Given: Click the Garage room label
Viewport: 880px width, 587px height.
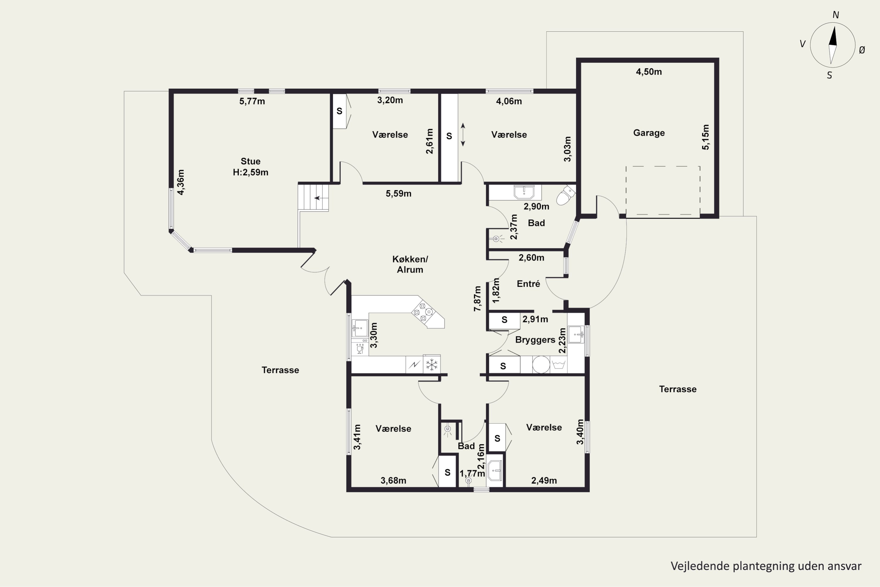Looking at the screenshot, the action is click(649, 133).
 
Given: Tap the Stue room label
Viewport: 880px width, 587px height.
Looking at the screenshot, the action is click(250, 161).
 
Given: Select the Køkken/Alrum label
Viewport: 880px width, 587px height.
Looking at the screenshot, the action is click(410, 264).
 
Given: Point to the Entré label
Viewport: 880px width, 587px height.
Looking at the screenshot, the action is click(528, 284).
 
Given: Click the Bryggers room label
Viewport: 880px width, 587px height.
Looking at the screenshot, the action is click(535, 340).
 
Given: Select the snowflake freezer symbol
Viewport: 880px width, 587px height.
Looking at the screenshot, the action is click(432, 364).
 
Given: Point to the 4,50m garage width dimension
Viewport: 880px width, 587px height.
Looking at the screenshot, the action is click(649, 72).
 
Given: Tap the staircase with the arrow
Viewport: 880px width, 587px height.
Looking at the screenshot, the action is click(314, 197).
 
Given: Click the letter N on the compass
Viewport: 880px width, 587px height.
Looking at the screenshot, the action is click(835, 15).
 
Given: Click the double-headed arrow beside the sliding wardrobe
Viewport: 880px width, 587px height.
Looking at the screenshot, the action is click(463, 134).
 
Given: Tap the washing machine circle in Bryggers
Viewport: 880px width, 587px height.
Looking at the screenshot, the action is click(541, 365).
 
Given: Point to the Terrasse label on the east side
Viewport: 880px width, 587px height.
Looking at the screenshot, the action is click(678, 389).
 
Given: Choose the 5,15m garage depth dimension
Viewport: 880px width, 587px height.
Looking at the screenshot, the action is click(705, 137).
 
